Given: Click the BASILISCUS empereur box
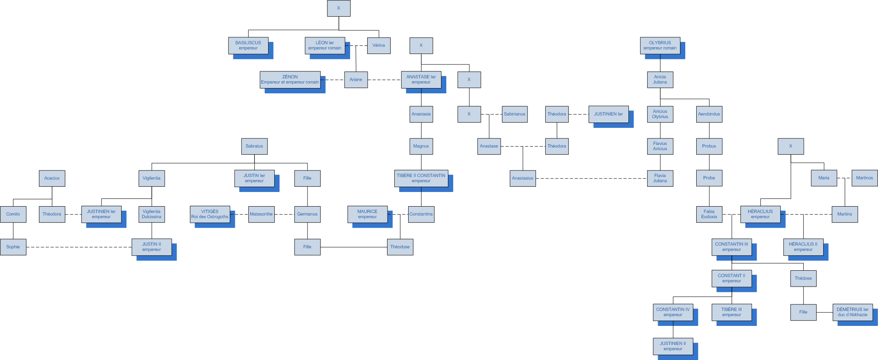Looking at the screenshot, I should tap(248, 45).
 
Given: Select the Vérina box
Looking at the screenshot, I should tap(379, 45).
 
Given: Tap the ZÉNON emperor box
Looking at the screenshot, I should tap(290, 80).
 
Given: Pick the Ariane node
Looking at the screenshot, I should tap(356, 80).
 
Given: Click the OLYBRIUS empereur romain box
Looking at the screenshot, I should tap(660, 45).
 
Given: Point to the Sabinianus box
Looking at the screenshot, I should tap(514, 114).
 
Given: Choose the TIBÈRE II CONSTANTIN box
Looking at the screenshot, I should tap(421, 178).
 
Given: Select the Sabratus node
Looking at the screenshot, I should tap(254, 146).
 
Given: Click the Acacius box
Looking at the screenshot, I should tap(52, 178).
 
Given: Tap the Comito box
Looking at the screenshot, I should tap(13, 214).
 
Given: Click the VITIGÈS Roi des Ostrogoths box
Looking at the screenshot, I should tap(210, 214).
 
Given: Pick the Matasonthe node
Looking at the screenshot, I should tap(261, 214).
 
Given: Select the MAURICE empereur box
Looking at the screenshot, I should tap(367, 214).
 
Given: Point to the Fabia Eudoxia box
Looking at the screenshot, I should tap(709, 214).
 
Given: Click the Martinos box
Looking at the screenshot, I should tap(864, 178).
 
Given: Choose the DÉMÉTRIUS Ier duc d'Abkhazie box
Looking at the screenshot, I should tap(852, 312).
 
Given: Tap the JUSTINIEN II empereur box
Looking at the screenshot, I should tap(673, 346).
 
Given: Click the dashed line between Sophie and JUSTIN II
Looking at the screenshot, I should tap(79, 247).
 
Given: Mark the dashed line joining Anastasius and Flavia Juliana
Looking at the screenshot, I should tap(591, 179).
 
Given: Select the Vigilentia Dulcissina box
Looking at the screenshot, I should tap(152, 214).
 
